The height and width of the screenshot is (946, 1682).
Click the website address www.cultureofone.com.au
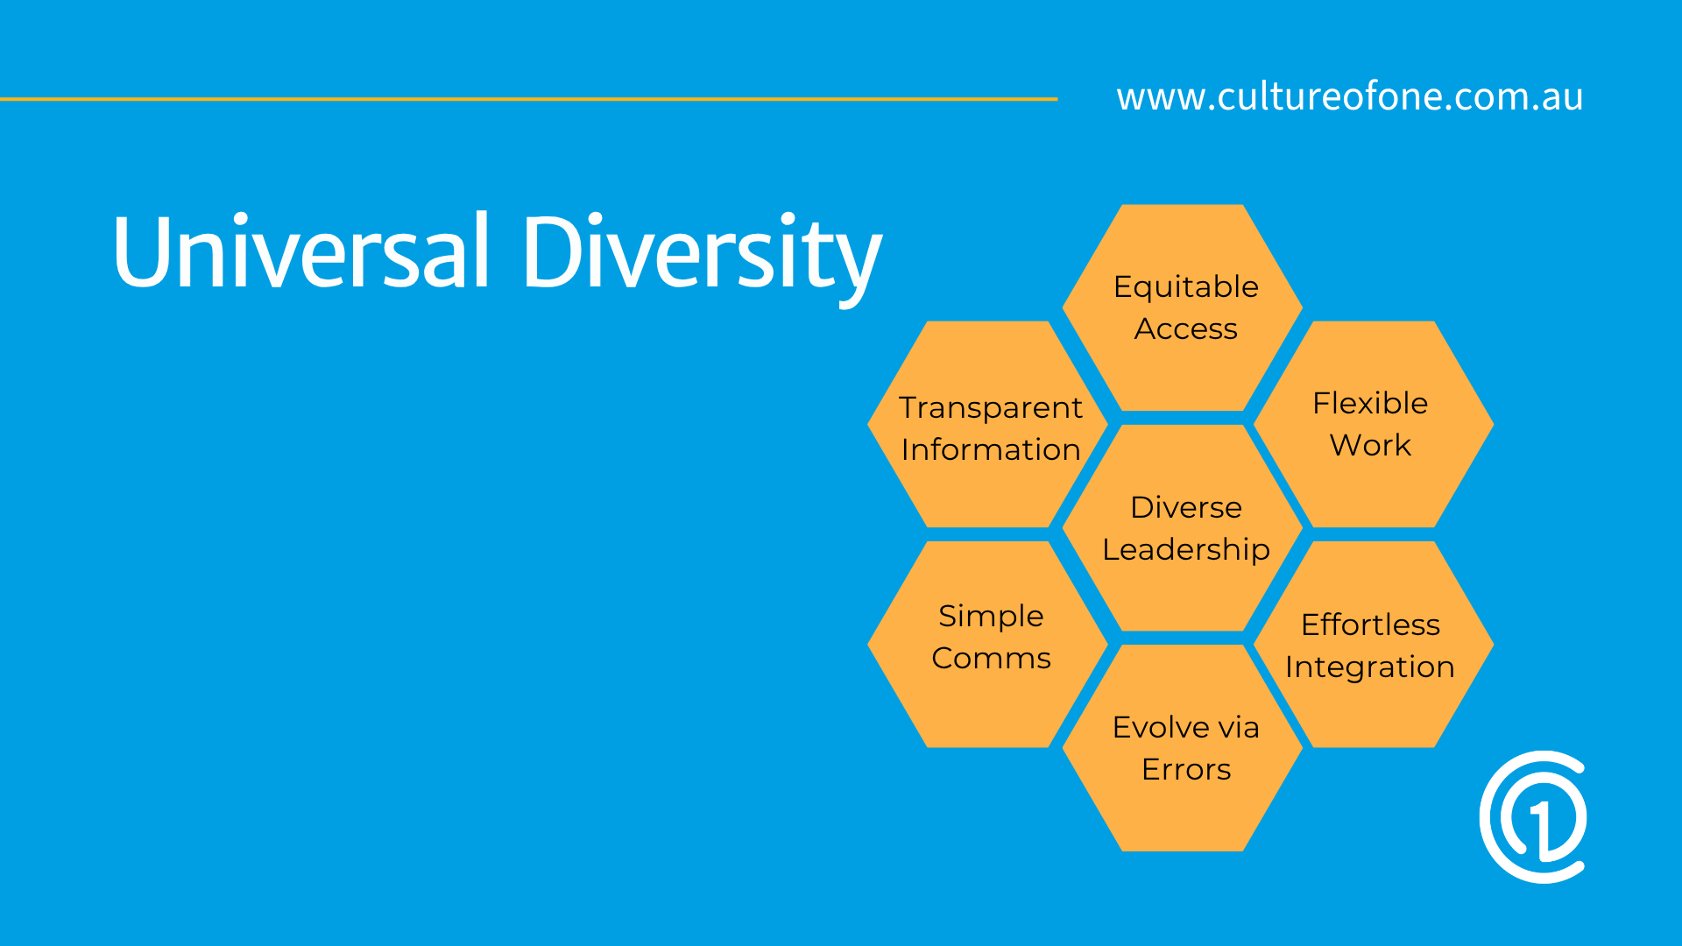pyautogui.click(x=1349, y=96)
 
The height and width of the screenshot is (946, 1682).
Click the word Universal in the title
pyautogui.click(x=300, y=251)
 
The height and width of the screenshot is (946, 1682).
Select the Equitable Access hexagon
pyautogui.click(x=1183, y=307)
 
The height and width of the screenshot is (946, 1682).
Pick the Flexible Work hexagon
pyautogui.click(x=1373, y=424)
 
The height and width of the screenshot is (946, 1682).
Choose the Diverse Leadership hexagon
pyautogui.click(x=1183, y=527)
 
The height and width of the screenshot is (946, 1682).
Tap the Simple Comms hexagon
pyautogui.click(x=988, y=644)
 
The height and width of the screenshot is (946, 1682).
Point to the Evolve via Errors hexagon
pyautogui.click(x=1183, y=747)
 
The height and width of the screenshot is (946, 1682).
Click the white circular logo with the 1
pyautogui.click(x=1533, y=816)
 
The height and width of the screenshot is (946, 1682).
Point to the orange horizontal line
pyautogui.click(x=526, y=99)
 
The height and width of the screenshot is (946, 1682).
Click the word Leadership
pyautogui.click(x=1186, y=550)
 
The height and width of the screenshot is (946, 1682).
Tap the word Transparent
pyautogui.click(x=991, y=408)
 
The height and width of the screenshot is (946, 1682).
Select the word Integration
pyautogui.click(x=1369, y=667)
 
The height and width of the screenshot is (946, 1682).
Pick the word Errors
pyautogui.click(x=1186, y=769)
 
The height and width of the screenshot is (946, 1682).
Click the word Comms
pyautogui.click(x=991, y=658)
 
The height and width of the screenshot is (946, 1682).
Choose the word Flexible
pyautogui.click(x=1370, y=403)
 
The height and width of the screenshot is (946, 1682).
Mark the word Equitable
pyautogui.click(x=1186, y=286)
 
